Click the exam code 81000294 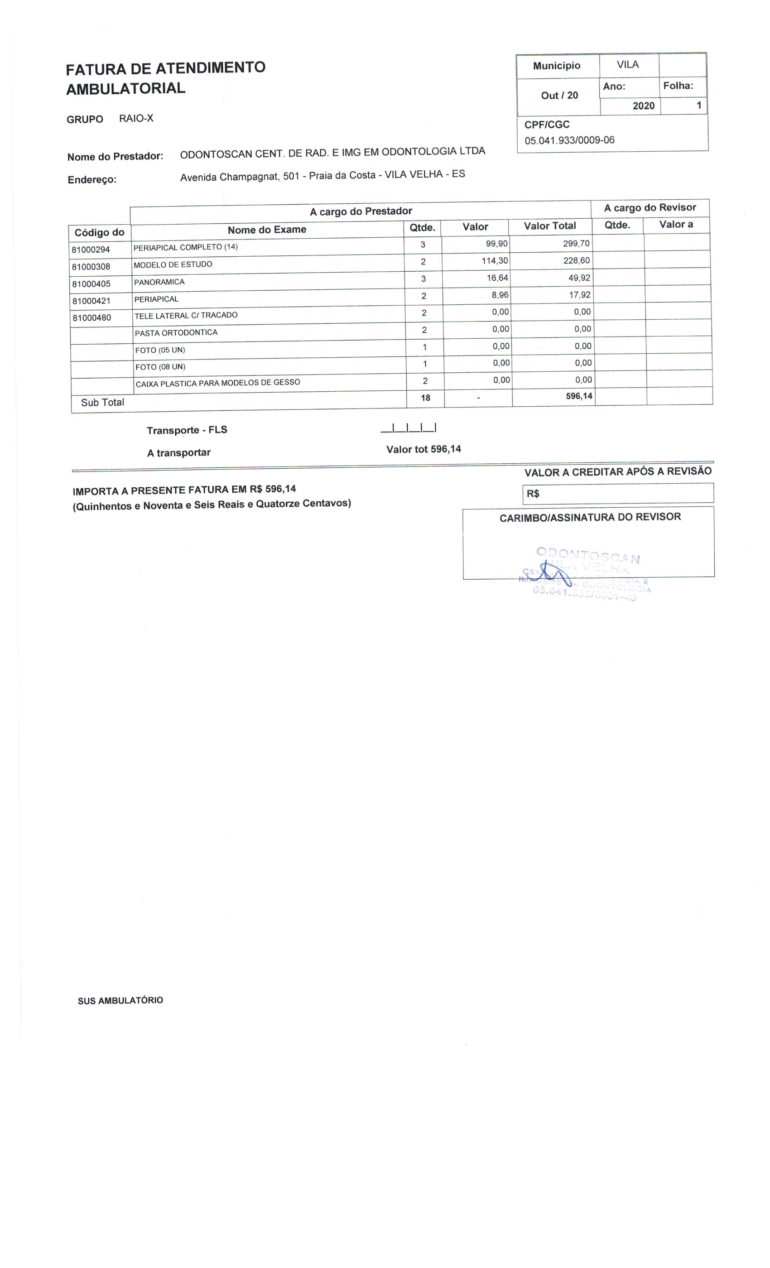point(91,250)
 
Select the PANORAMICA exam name point(159,282)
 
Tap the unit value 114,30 point(494,261)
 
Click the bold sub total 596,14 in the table point(578,396)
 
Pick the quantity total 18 point(425,398)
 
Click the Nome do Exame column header point(267,230)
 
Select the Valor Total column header point(550,226)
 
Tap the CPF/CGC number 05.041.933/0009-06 point(569,140)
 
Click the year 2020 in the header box point(643,106)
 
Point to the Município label point(556,66)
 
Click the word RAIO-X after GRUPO point(136,118)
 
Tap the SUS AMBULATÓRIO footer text point(120,1001)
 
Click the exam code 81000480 point(91,318)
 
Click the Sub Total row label point(102,403)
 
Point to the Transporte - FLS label point(187,430)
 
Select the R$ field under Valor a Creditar point(618,494)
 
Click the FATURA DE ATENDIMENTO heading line point(166,68)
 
